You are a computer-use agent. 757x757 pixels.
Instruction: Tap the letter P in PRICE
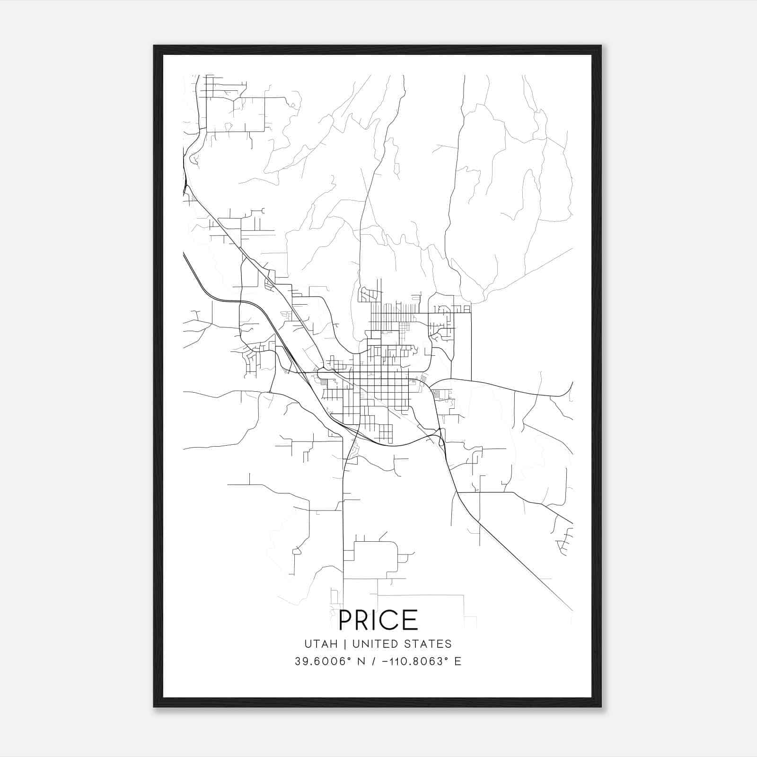tap(346, 620)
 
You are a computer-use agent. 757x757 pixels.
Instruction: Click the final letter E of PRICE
tap(411, 620)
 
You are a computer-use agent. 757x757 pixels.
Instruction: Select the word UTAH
tap(321, 644)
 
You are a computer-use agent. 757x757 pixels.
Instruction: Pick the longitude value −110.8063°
tap(413, 661)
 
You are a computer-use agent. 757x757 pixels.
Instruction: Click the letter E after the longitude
tap(458, 661)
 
